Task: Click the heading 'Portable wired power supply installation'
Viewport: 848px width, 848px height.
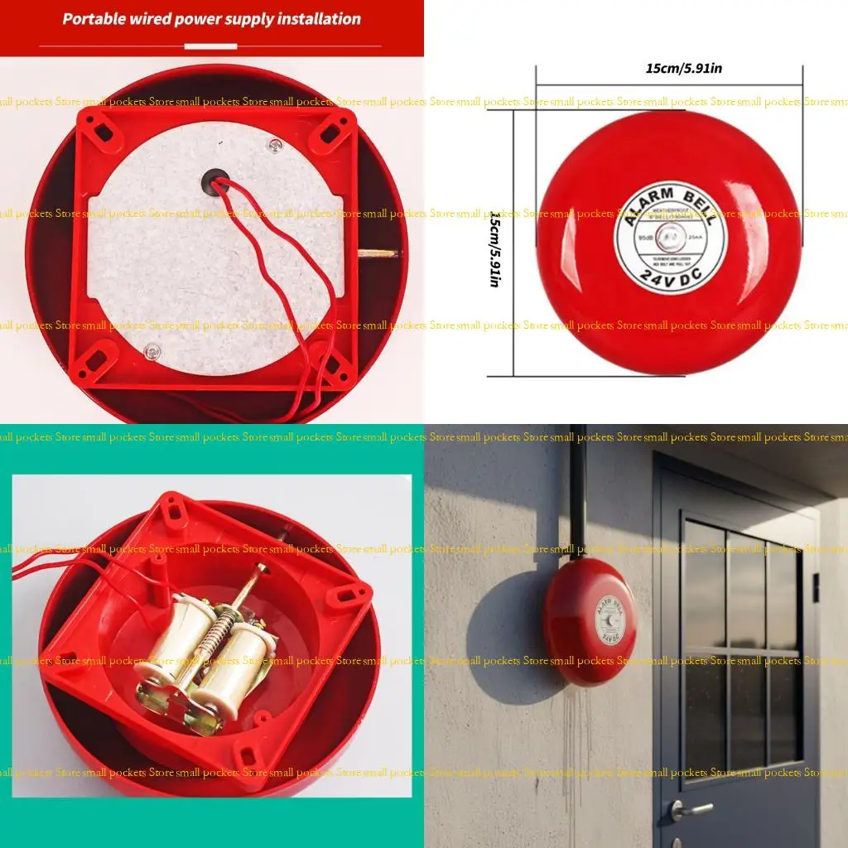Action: (x=212, y=19)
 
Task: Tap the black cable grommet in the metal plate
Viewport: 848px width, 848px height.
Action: (x=214, y=181)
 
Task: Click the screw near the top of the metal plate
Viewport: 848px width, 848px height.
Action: (x=275, y=147)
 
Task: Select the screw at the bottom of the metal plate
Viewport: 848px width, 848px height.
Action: (x=151, y=353)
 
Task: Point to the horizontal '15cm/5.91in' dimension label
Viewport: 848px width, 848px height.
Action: (x=683, y=69)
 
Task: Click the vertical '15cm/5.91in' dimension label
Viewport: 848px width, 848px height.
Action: (x=494, y=248)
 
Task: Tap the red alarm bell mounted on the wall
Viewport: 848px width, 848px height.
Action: (x=590, y=621)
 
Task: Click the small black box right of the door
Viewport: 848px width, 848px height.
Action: (x=815, y=587)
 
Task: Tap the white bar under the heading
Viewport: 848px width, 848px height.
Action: (x=210, y=46)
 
